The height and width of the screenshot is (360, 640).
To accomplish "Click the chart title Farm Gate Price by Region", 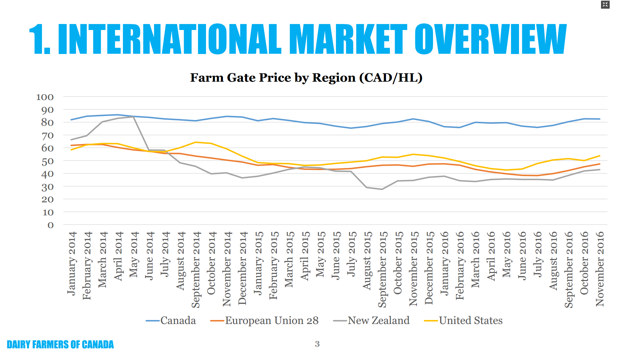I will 306,78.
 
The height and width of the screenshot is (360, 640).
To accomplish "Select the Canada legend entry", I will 178,321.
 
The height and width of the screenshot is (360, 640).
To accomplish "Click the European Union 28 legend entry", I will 271,321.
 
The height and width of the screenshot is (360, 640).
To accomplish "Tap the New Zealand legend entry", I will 378,321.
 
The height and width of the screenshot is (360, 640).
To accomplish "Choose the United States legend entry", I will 470,321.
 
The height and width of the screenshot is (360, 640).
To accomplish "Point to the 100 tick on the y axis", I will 45,97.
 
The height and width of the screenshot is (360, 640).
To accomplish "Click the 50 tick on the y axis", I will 47,161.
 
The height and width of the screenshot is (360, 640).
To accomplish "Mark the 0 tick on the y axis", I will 50,225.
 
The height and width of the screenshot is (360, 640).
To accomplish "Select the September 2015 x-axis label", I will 383,269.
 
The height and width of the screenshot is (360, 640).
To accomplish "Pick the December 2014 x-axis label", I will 242,268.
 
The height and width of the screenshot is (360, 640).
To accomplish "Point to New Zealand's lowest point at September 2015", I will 382,189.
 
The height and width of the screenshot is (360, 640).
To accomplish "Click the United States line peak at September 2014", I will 196,142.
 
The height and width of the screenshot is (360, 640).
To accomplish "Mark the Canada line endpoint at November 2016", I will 600,119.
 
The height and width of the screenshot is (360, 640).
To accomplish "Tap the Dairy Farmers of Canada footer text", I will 60,345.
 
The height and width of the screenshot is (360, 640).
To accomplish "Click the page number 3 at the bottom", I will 317,344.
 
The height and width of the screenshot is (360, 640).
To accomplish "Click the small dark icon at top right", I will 605,5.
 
